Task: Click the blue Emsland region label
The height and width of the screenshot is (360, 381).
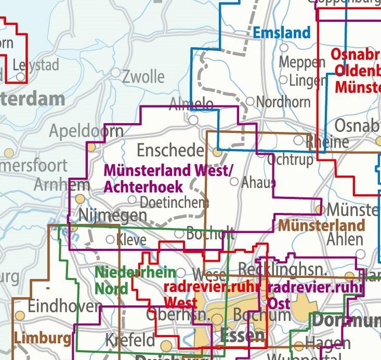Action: click(281, 33)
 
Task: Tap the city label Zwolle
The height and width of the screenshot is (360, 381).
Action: click(143, 77)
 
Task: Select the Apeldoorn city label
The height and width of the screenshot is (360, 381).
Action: click(86, 131)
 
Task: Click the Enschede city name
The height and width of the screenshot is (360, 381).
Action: click(170, 151)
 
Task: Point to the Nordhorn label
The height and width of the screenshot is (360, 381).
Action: click(283, 102)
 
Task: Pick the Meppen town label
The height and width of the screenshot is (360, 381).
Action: click(302, 62)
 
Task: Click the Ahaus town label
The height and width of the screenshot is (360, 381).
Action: click(258, 182)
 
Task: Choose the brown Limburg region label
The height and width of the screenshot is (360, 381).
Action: click(42, 339)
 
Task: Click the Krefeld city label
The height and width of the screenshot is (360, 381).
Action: click(130, 341)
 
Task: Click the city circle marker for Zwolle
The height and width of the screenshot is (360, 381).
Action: click(115, 73)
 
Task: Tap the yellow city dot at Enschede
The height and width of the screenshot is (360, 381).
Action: click(217, 152)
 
